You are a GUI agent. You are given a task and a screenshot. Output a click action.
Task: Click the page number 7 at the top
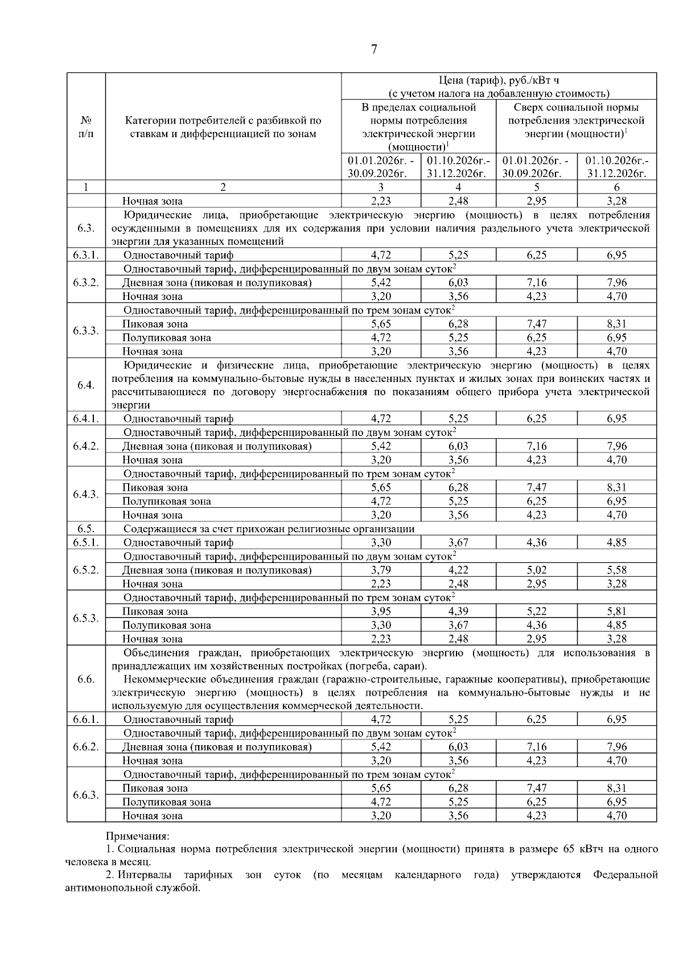pos(374,50)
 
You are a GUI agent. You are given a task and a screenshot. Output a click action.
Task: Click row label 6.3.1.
pos(86,255)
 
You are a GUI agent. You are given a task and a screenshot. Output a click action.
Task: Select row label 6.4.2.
pos(86,446)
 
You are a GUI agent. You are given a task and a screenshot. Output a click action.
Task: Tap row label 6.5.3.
pos(86,618)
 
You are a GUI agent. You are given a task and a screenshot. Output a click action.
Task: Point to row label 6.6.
pos(86,679)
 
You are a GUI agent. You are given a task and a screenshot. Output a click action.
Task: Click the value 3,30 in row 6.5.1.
pos(381,542)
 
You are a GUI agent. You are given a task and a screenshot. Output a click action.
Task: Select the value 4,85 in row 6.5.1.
pos(616,542)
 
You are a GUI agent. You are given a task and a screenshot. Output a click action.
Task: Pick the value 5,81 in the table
pos(616,611)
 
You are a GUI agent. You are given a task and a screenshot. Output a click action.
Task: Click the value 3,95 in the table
pos(381,611)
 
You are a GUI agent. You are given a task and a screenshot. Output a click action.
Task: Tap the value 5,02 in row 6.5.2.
pos(536,570)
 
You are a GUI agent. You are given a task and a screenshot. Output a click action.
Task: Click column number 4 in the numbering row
pos(458,187)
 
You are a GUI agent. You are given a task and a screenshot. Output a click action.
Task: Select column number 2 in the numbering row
pos(223,187)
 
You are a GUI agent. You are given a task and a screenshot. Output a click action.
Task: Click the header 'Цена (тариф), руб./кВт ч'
pos(499,80)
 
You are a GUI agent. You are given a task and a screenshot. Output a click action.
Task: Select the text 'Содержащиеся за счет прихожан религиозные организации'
pos(269,529)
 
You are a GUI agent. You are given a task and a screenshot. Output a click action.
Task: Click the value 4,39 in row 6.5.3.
pos(458,611)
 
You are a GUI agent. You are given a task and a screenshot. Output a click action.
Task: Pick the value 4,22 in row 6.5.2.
pos(458,570)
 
